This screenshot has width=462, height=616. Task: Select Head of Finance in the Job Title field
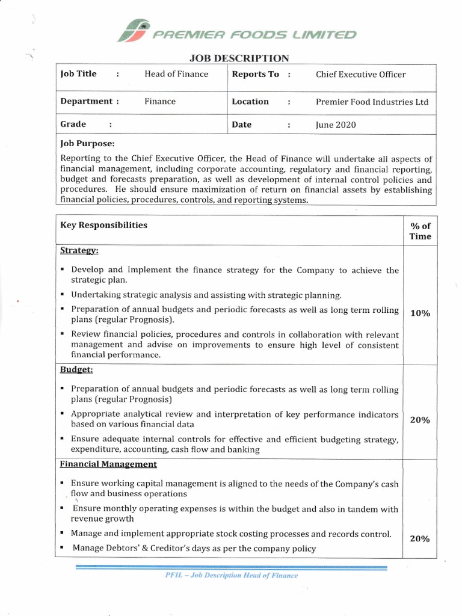tap(176, 74)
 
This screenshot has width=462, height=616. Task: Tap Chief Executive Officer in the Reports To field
tap(360, 75)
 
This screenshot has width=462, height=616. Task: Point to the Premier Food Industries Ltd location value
tap(372, 102)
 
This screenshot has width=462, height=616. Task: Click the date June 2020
tap(336, 125)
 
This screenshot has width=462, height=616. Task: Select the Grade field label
tap(73, 125)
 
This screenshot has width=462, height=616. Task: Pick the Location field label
tap(250, 102)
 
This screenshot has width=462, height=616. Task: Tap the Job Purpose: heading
tap(87, 144)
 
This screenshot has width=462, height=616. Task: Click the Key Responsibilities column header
tap(103, 225)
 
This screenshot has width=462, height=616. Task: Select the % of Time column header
tap(420, 231)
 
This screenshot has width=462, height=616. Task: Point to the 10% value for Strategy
tap(419, 313)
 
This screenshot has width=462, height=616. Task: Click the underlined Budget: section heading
tap(76, 370)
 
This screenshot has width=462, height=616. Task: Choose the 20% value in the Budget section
tap(419, 420)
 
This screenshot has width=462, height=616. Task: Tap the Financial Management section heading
tap(109, 464)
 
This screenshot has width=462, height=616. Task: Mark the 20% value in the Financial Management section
tap(419, 539)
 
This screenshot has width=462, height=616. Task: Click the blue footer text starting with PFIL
tap(231, 575)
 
